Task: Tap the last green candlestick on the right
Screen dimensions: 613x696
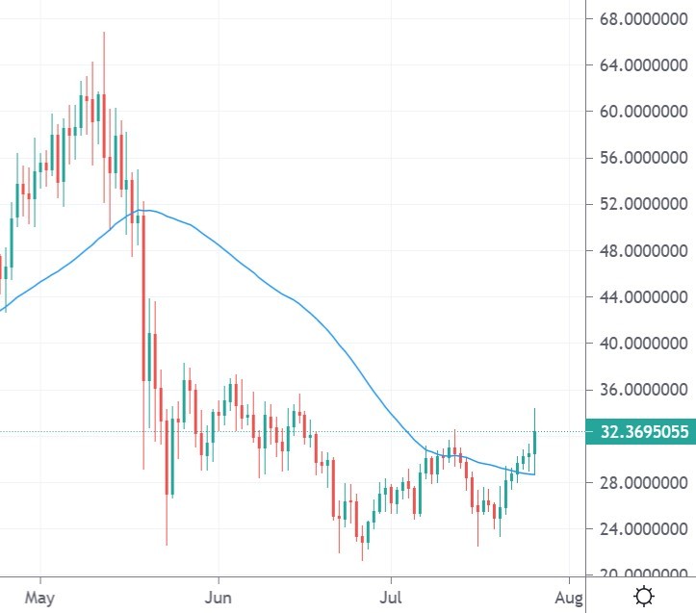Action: tap(534, 442)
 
